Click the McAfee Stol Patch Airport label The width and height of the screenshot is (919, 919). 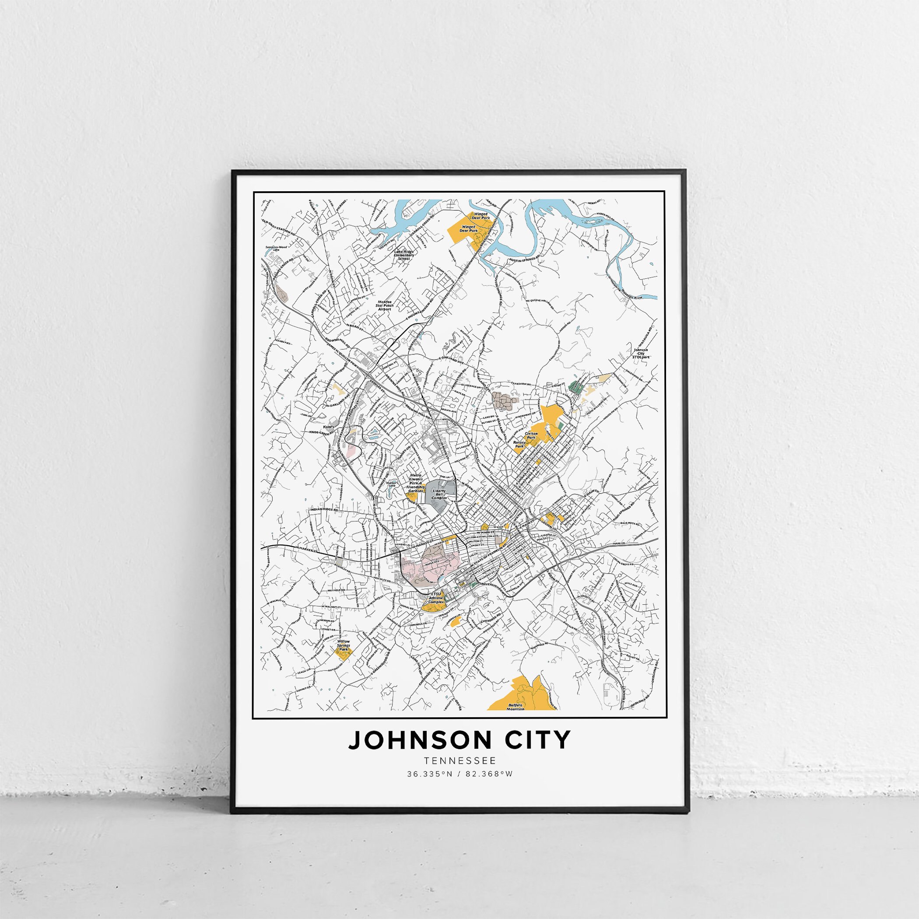[384, 305]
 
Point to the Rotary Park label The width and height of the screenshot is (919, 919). [519, 444]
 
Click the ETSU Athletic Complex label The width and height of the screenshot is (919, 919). [436, 598]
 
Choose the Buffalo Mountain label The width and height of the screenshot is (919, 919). [515, 720]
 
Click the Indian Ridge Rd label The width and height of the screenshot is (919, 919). [323, 510]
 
